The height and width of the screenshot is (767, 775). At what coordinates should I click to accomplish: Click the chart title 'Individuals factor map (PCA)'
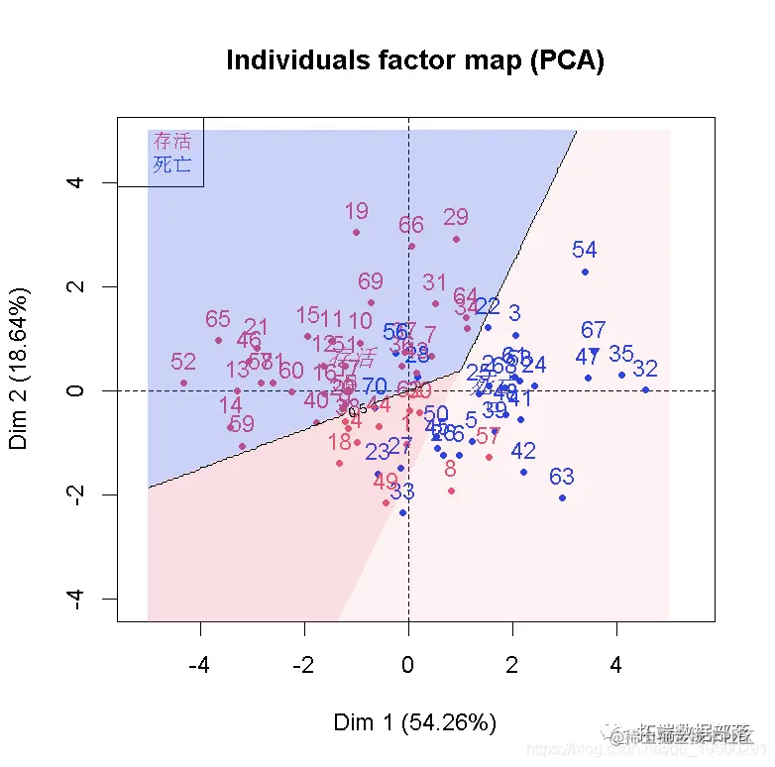tap(414, 60)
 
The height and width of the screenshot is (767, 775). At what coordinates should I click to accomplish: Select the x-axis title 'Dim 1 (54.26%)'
tap(414, 721)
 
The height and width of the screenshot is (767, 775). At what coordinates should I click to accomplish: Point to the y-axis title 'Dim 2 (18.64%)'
tap(20, 369)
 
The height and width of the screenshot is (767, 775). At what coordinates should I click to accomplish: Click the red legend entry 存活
tap(171, 141)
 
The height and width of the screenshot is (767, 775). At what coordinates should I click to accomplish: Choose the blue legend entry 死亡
tap(171, 164)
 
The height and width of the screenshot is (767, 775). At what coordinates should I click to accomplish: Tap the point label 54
tap(585, 251)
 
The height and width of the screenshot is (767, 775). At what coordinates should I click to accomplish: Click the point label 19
tap(356, 211)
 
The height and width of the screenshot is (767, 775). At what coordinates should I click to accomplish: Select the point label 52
tap(183, 362)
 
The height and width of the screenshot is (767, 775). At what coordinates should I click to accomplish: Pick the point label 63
tap(562, 477)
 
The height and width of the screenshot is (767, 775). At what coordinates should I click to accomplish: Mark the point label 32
tap(645, 369)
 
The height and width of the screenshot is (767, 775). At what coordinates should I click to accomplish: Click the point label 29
tap(456, 217)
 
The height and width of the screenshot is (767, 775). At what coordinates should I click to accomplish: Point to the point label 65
tap(218, 319)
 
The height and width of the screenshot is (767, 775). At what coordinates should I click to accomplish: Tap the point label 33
tap(402, 492)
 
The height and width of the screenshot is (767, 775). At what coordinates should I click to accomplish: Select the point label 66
tap(411, 225)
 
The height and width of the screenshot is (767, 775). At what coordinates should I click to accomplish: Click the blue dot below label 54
tap(585, 272)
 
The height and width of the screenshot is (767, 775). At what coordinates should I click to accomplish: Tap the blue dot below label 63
tap(562, 497)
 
